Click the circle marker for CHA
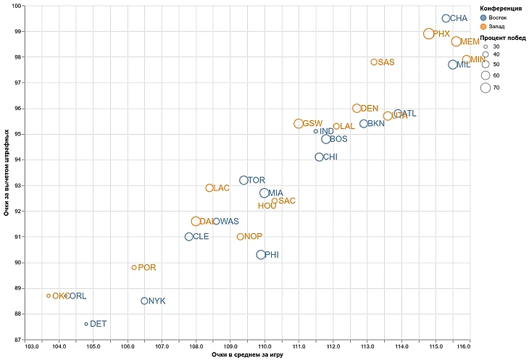pos(446,18)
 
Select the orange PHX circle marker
pos(428,34)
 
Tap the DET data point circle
pos(86,324)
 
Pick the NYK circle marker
pos(144,301)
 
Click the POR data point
pos(134,267)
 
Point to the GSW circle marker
pos(299,124)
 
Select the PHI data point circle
pos(261,254)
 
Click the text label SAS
pos(386,62)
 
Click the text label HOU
pos(267,206)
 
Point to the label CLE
pos(201,237)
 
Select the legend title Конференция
pos(501,8)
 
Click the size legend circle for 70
pos(485,88)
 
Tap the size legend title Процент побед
pos(503,38)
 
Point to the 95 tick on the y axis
pos(17,134)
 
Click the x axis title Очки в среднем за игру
pos(247,355)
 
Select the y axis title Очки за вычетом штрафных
pos(7,172)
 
